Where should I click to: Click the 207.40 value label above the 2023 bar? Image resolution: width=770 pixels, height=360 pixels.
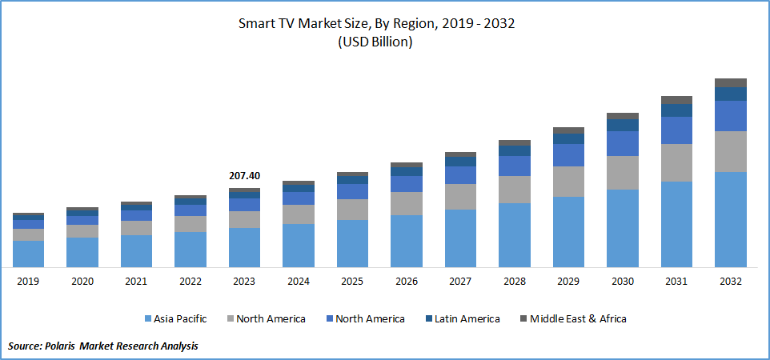coord(244,176)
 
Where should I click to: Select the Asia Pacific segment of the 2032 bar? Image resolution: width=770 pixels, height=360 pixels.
coord(730,219)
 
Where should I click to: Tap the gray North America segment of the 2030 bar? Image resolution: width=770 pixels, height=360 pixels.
coord(622,173)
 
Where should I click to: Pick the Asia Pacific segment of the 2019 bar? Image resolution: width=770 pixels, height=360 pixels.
coord(28,254)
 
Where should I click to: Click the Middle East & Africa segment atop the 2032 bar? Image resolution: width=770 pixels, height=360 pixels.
coord(730,82)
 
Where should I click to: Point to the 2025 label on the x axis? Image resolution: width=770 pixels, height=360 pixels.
coord(352,282)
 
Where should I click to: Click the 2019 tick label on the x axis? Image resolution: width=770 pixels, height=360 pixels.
coord(28,282)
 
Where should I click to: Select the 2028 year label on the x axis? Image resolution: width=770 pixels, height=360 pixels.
coord(514,282)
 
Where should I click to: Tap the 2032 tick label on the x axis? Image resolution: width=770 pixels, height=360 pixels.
coord(730,282)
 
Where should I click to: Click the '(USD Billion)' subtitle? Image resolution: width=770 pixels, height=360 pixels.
coord(376,42)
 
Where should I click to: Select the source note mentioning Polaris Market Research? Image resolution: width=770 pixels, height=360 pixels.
coord(102,346)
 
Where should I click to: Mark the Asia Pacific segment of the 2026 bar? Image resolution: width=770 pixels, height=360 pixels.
coord(406,241)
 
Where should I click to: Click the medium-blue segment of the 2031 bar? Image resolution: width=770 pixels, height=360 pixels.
coord(676,130)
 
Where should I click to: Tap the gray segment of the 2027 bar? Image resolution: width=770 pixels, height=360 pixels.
coord(460,197)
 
